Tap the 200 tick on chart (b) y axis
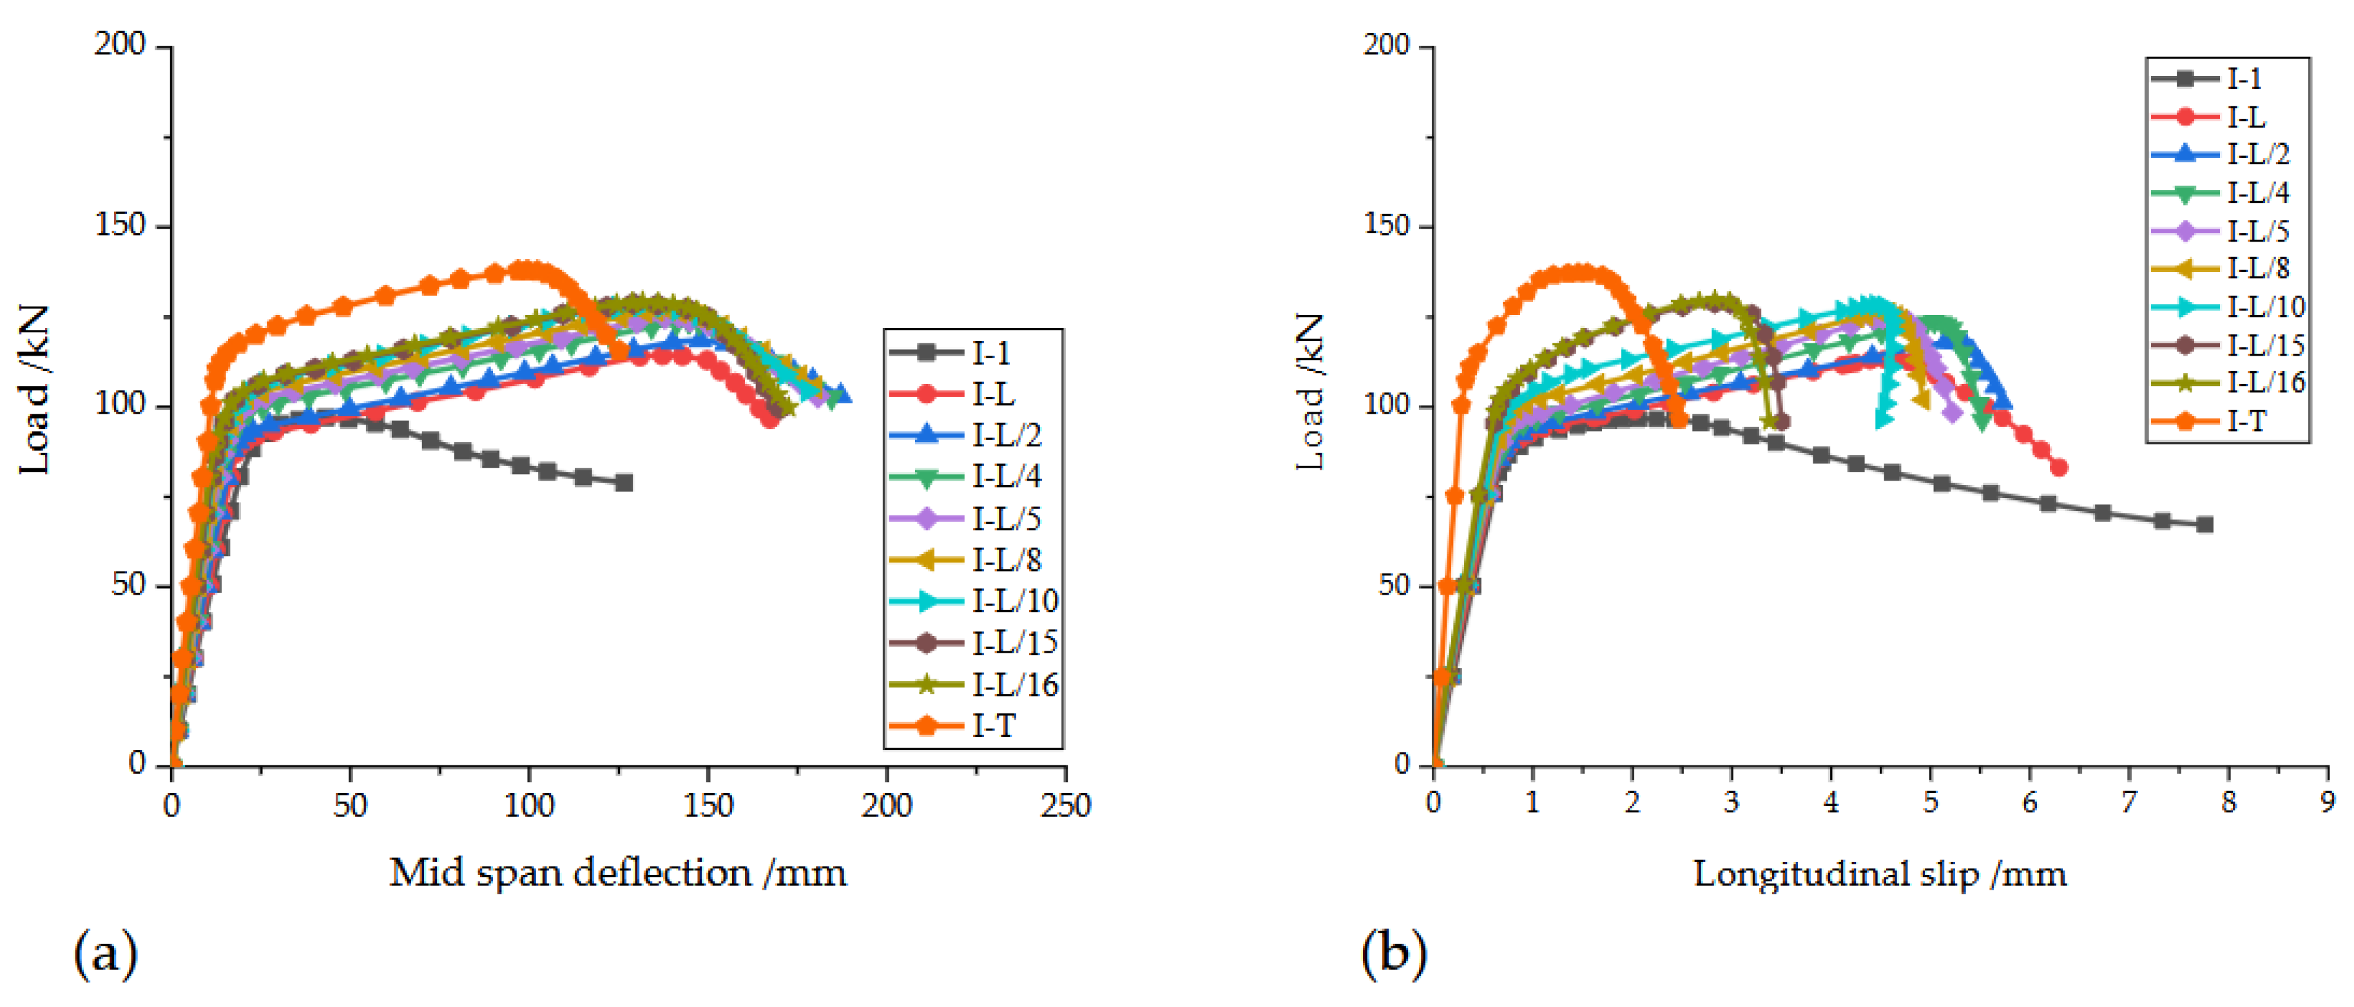pos(1387,44)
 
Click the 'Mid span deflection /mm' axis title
pos(618,874)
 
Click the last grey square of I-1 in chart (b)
pos(2204,524)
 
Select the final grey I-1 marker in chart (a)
pos(624,483)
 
